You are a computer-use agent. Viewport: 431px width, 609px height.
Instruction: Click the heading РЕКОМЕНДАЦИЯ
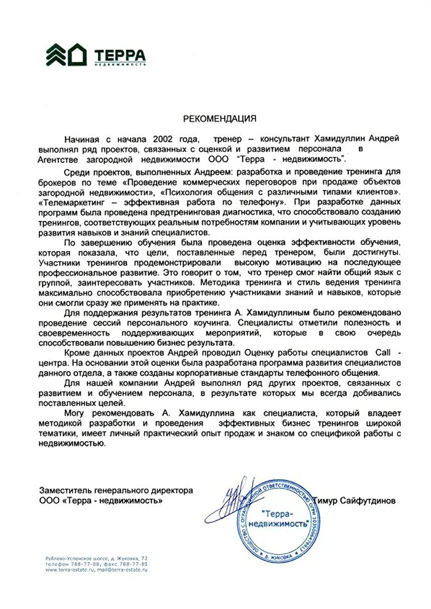pos(220,117)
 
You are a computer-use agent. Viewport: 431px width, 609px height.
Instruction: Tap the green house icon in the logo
pos(78,54)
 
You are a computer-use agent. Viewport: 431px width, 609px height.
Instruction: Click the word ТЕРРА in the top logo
pos(120,52)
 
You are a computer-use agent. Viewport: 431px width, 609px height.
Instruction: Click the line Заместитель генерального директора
pos(116,490)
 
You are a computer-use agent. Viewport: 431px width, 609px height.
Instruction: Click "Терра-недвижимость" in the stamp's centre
pos(284,518)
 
